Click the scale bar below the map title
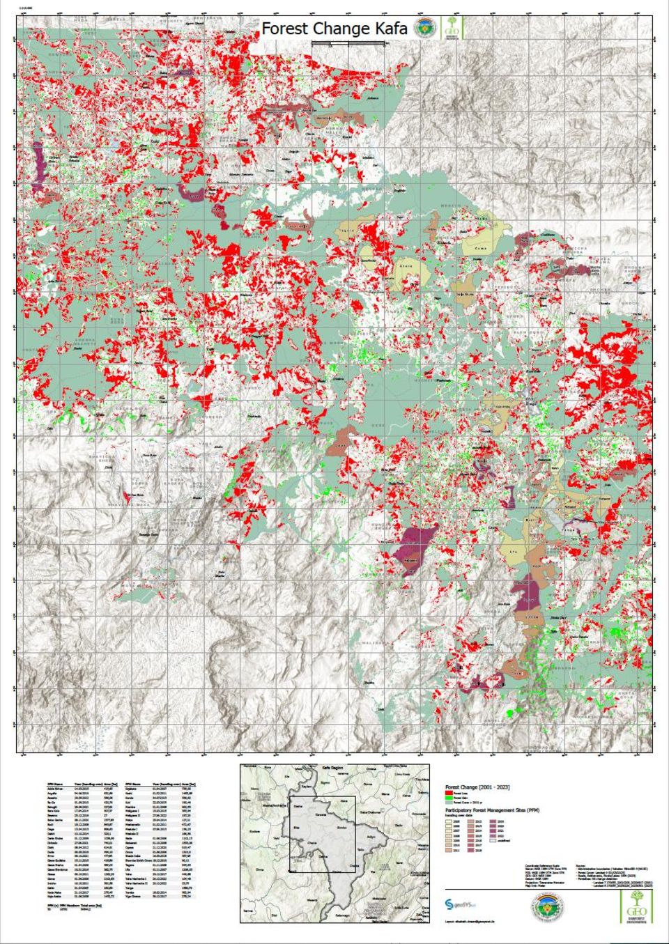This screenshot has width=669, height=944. tap(348, 44)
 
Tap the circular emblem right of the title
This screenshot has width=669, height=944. tap(422, 29)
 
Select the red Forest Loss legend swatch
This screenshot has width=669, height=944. tap(449, 794)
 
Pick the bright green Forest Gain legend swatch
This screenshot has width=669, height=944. tap(449, 798)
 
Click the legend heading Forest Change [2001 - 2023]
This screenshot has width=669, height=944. tap(477, 787)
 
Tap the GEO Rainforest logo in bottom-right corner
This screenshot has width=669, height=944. tap(636, 906)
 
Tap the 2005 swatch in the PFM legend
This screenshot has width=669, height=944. tap(449, 822)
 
